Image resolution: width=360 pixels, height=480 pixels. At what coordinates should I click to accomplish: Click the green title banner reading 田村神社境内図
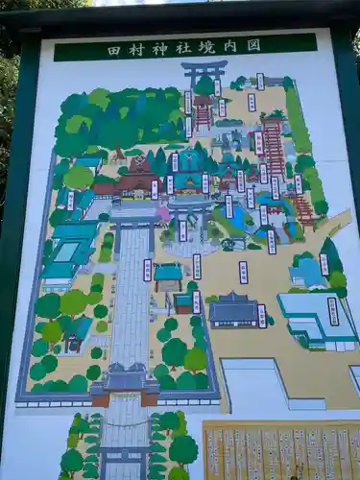(185, 46)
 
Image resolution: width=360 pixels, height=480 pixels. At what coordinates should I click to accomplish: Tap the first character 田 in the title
(114, 47)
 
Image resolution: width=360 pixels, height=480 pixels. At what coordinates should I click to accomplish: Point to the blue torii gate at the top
(204, 71)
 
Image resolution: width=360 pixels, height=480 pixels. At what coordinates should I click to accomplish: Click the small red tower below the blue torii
(203, 112)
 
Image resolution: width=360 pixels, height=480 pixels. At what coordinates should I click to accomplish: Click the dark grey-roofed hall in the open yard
(233, 309)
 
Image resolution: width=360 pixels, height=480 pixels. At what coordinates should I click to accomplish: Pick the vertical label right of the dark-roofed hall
(262, 316)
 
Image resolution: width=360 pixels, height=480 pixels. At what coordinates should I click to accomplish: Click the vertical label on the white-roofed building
(333, 311)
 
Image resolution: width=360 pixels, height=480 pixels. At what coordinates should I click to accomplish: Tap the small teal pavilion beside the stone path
(169, 276)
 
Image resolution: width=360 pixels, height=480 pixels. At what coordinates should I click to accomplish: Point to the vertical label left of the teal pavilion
(148, 270)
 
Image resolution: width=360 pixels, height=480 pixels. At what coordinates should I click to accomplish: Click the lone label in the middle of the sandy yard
(243, 273)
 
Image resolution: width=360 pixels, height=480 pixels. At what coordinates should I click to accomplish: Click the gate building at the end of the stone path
(126, 381)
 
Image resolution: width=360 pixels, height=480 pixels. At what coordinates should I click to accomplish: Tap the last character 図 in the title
(253, 44)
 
